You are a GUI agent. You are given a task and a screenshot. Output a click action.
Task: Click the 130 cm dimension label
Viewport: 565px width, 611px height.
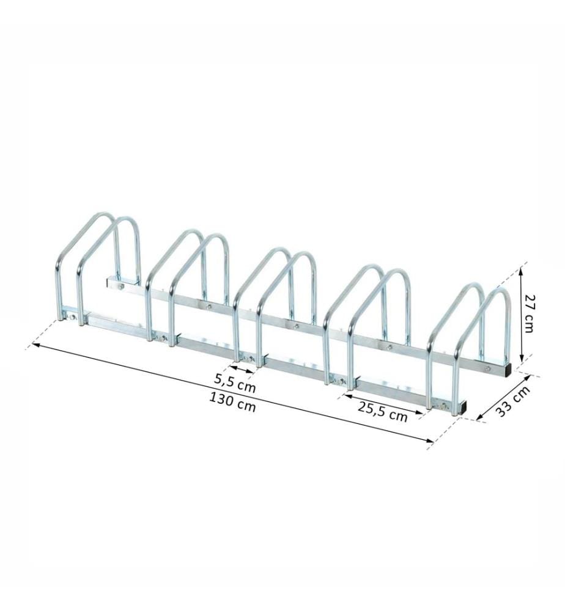point(233,402)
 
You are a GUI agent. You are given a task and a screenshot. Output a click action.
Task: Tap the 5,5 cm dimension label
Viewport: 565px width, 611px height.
point(235,382)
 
